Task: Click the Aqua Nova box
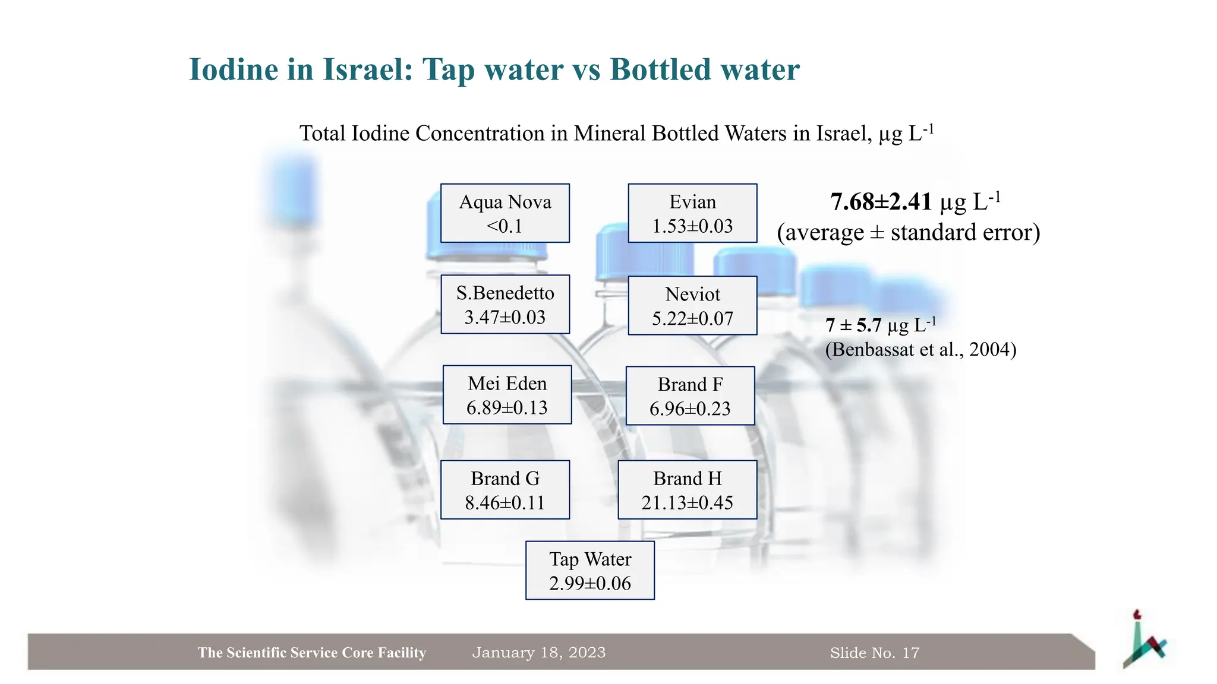tap(505, 213)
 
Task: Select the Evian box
tap(692, 213)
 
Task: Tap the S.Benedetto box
tap(505, 305)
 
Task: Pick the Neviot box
tap(692, 306)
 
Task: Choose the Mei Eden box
tap(507, 395)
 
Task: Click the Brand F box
tap(690, 396)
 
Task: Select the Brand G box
tap(505, 490)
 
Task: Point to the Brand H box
tap(688, 490)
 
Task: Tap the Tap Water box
tap(590, 571)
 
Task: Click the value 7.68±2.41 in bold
tap(881, 202)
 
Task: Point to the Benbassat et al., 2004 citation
tap(920, 349)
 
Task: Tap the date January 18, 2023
tap(538, 653)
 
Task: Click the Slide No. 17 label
tap(875, 653)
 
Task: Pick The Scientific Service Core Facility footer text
tap(312, 653)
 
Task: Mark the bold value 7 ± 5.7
tap(853, 325)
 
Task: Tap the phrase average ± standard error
tap(909, 232)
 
